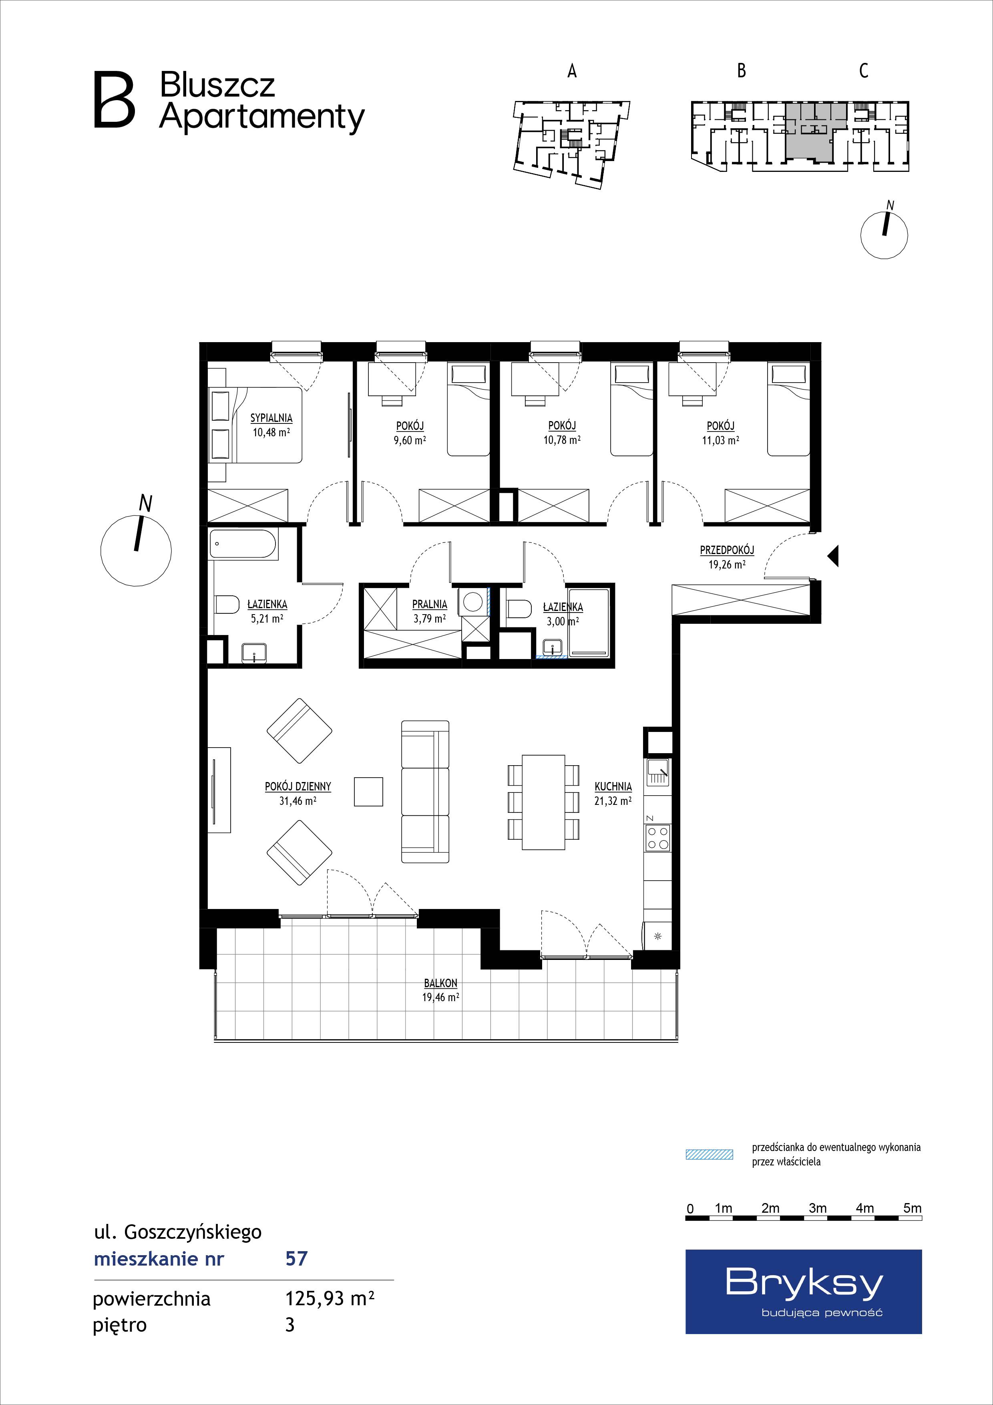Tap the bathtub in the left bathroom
(x=244, y=543)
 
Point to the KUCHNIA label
(x=613, y=786)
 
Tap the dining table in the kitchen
(x=543, y=802)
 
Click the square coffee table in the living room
(x=369, y=791)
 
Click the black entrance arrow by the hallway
(x=833, y=556)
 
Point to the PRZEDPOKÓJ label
(x=727, y=550)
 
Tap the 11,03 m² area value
(x=721, y=439)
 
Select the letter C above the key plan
(x=863, y=71)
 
